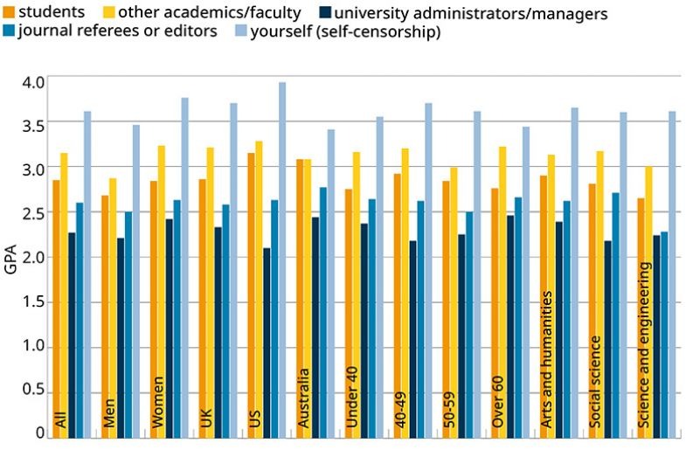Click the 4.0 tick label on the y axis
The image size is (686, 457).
click(x=32, y=82)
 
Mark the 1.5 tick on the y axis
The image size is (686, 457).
click(x=32, y=302)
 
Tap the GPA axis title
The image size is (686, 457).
click(x=10, y=260)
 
